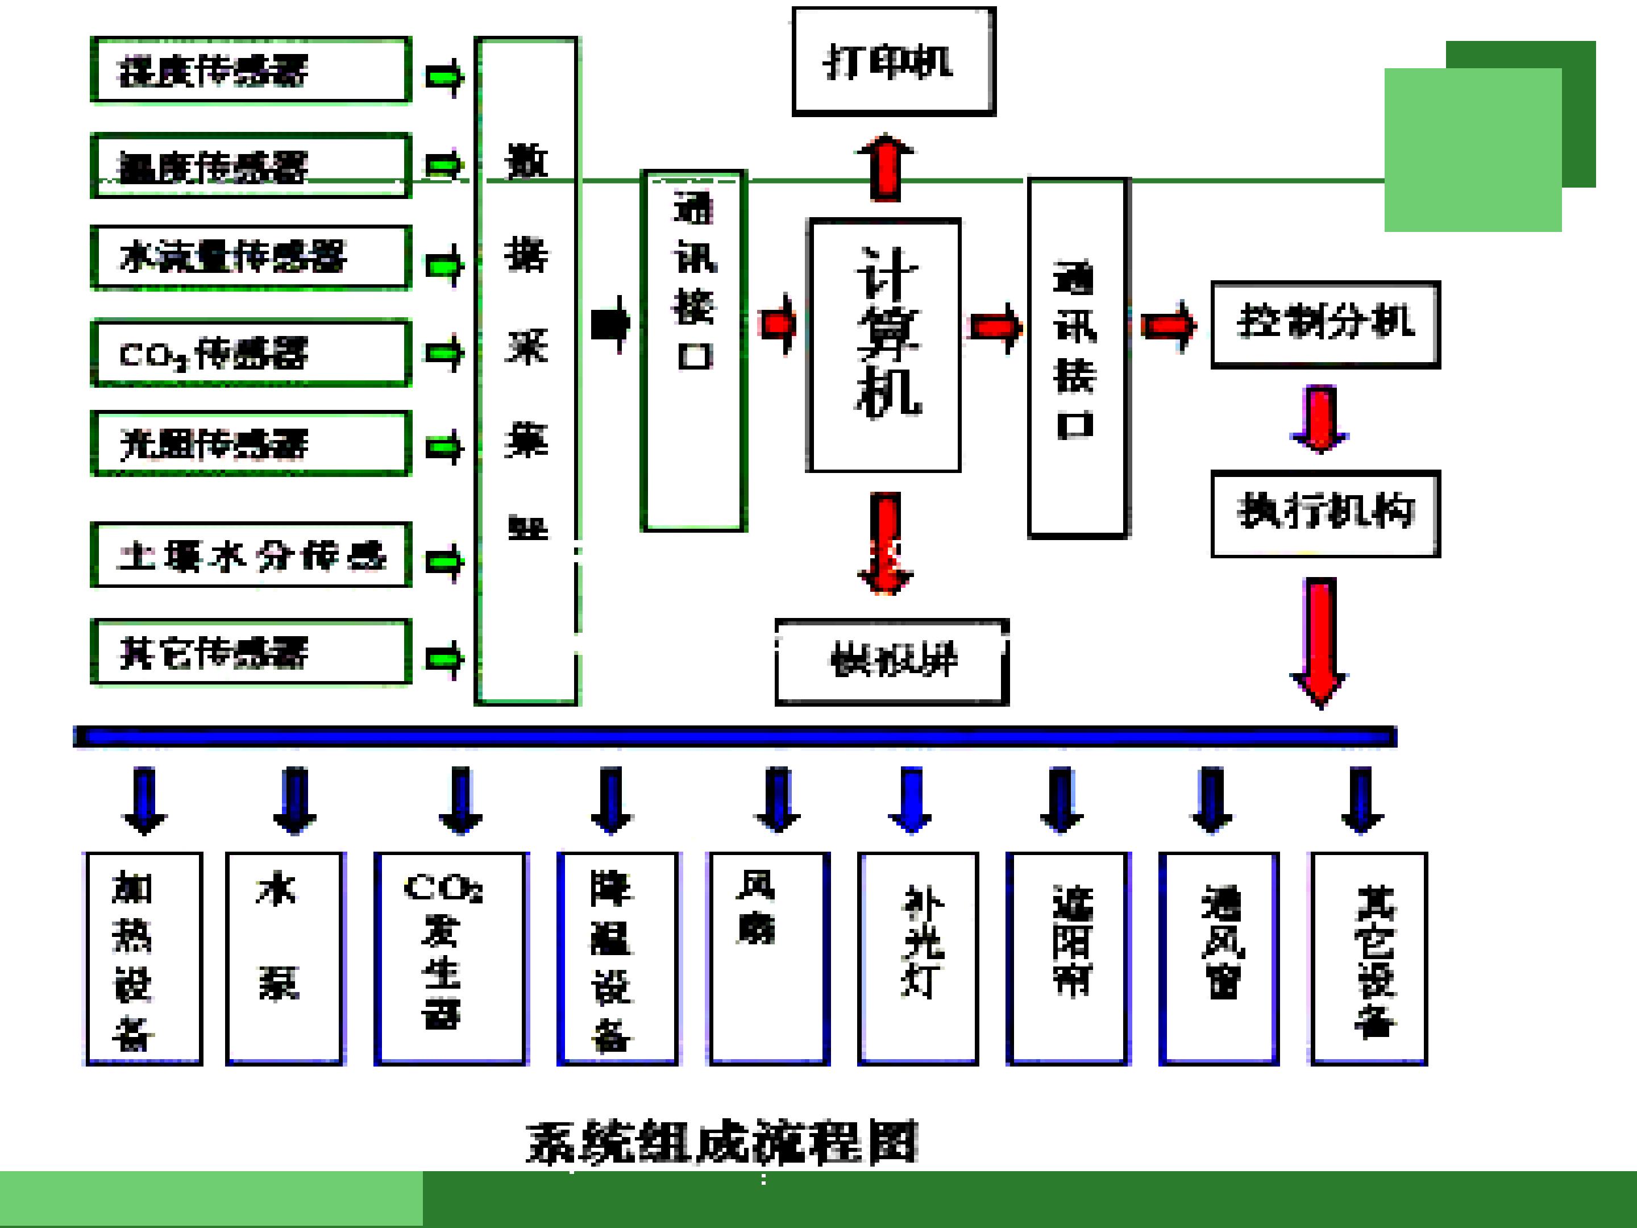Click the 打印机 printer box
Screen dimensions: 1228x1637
point(894,61)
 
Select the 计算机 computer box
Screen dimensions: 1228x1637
point(884,345)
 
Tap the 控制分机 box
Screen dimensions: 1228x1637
point(1325,324)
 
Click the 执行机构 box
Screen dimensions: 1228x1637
point(1325,513)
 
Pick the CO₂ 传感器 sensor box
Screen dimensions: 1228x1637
point(250,353)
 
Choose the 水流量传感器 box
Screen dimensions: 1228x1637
point(250,257)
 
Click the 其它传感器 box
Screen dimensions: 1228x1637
point(250,652)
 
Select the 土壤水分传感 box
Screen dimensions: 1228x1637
point(250,555)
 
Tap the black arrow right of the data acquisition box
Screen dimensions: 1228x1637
point(610,324)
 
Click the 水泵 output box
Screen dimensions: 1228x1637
point(285,959)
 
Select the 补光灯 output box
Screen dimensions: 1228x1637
point(917,959)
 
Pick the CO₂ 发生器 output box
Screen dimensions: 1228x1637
point(451,959)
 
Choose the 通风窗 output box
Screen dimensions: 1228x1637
point(1218,959)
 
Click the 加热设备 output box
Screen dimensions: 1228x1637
point(144,959)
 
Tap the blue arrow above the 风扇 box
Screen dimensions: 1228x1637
point(777,799)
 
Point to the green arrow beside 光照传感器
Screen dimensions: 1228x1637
point(444,447)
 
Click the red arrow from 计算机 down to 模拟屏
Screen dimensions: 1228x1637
point(886,542)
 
